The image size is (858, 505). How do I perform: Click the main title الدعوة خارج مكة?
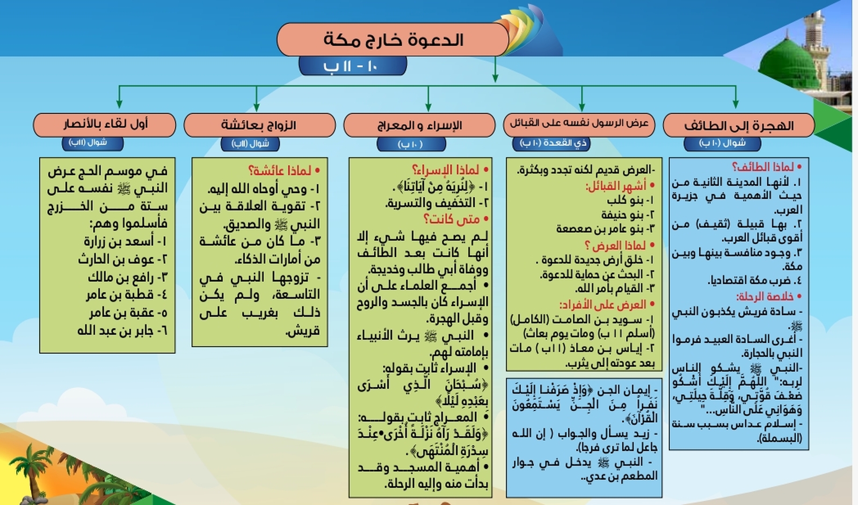pos(393,40)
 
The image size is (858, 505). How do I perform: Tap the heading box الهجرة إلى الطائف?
pos(739,125)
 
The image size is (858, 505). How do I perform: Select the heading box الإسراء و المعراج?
pos(419,125)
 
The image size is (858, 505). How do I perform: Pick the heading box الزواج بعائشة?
pos(259,125)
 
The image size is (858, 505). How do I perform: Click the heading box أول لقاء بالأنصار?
pos(105,124)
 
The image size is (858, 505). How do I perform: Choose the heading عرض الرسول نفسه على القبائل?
pos(579,123)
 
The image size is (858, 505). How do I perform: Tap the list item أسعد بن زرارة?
pos(125,241)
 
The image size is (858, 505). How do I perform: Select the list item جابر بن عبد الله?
pos(122,330)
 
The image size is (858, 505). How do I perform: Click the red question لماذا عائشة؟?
pos(279,171)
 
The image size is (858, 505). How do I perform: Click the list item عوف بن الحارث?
pos(122,259)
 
